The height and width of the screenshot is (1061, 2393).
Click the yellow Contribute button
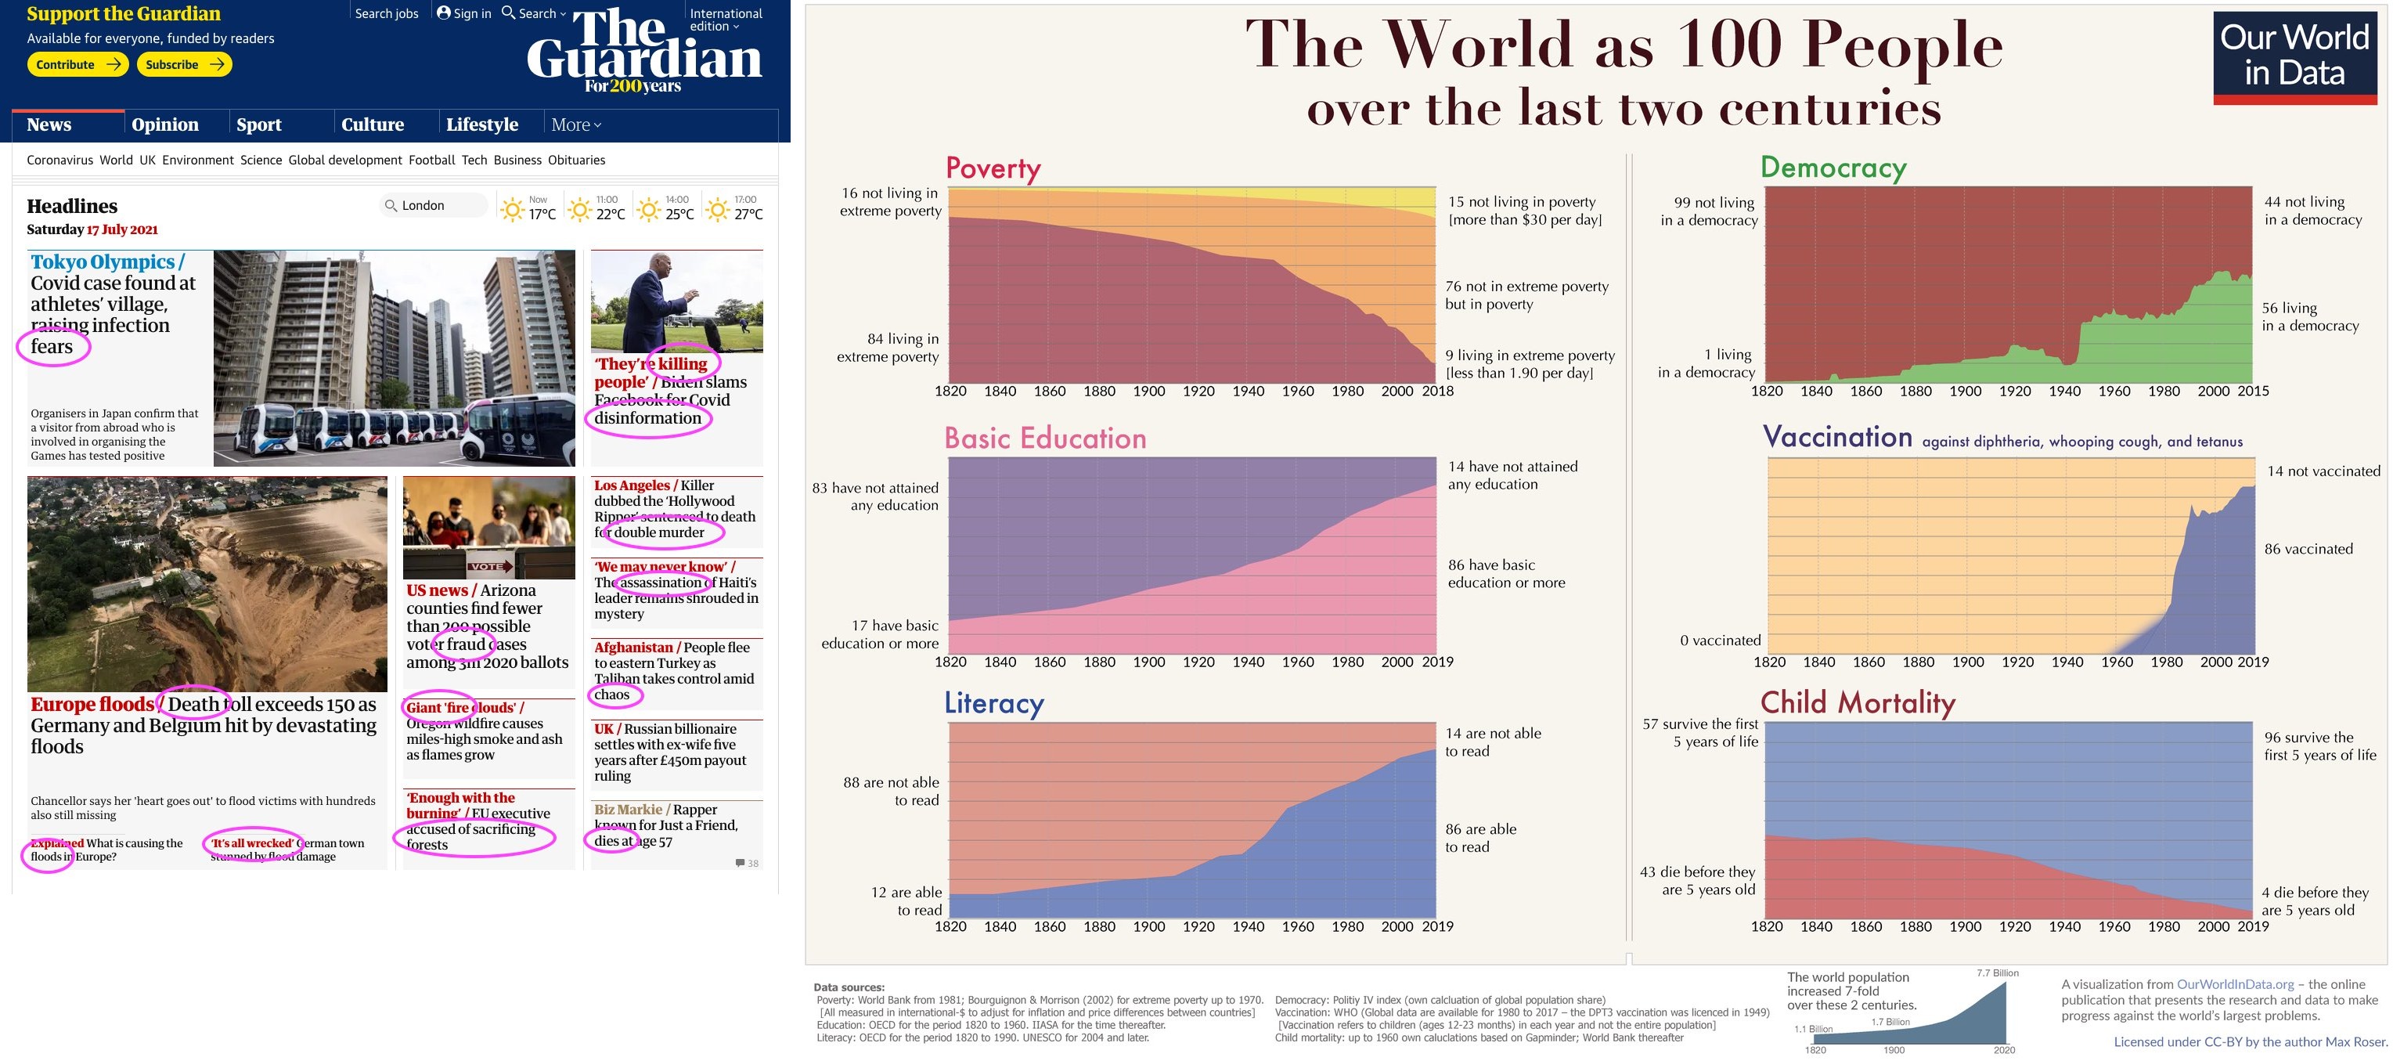(x=77, y=64)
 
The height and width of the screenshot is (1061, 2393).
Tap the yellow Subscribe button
(x=184, y=64)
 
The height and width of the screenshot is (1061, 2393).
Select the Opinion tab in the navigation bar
(x=165, y=125)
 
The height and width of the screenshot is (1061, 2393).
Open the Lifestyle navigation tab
(x=481, y=125)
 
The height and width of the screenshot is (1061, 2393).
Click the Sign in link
(x=464, y=13)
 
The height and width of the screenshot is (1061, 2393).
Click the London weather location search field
(x=434, y=205)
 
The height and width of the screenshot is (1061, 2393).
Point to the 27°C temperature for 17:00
(x=748, y=214)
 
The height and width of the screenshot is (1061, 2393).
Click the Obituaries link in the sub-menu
(x=576, y=160)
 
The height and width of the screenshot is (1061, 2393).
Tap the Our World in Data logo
(x=2294, y=56)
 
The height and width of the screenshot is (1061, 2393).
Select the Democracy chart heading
(x=1833, y=168)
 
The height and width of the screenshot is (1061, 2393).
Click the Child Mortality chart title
(x=1857, y=702)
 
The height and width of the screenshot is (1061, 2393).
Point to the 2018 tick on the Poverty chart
(x=1437, y=392)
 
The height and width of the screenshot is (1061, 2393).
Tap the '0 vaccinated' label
(x=1720, y=641)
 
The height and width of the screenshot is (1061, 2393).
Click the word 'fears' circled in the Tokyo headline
(x=52, y=347)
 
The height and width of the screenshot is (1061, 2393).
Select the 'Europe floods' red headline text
(x=91, y=704)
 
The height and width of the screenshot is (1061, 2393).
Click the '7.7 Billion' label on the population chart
(x=1997, y=973)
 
